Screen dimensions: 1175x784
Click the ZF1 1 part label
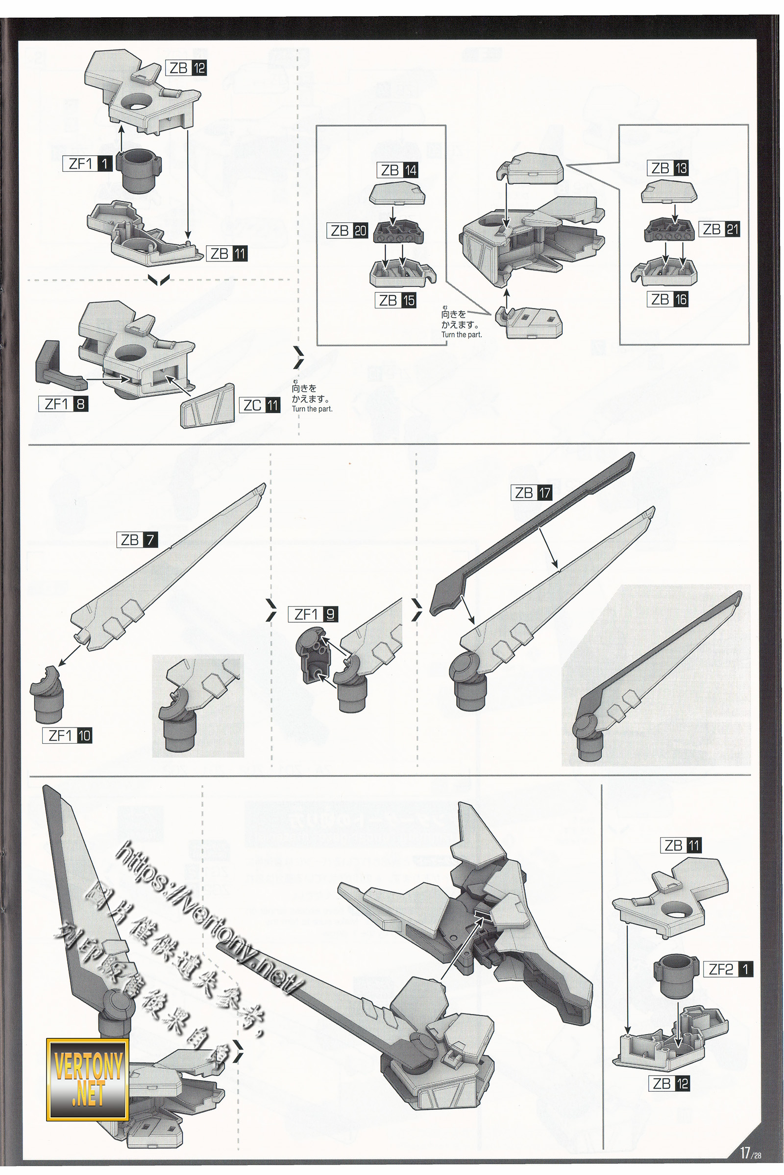88,164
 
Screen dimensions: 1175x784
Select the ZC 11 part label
261,405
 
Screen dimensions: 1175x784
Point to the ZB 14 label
398,170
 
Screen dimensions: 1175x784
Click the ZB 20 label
348,230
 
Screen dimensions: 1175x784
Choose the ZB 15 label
396,300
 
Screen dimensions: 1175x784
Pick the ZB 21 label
719,229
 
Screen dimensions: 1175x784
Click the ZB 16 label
668,299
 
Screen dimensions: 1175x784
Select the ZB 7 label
138,540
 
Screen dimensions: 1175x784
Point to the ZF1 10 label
68,735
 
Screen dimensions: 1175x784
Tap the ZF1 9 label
313,614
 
